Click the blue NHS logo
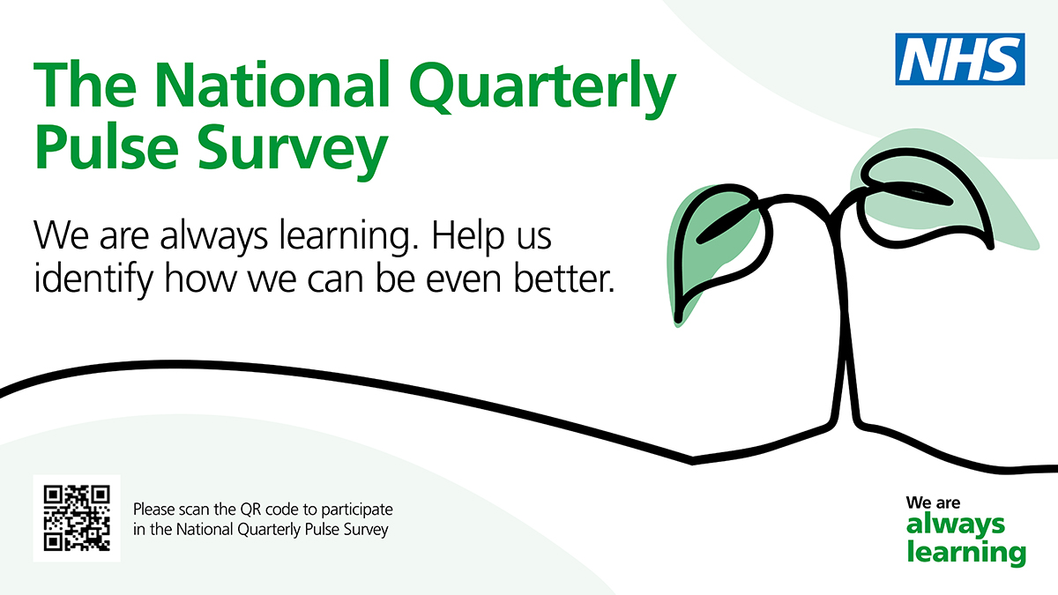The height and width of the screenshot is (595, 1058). point(960,59)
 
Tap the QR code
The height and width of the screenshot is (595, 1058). point(77,518)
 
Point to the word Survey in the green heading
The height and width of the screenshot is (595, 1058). point(293,150)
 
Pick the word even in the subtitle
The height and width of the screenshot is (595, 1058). point(464,282)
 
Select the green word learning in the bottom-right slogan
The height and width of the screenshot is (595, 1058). point(966,553)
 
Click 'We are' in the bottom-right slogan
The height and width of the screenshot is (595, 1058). point(933,502)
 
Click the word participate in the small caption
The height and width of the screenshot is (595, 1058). point(356,511)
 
